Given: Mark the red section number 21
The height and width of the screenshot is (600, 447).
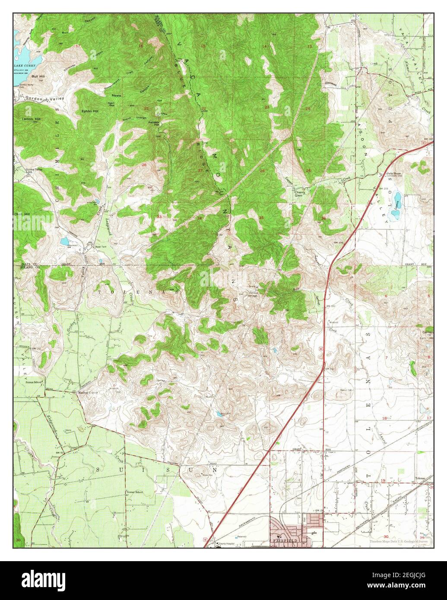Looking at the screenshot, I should (x=146, y=108).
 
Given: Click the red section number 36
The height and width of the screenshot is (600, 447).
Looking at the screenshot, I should (x=323, y=218).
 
